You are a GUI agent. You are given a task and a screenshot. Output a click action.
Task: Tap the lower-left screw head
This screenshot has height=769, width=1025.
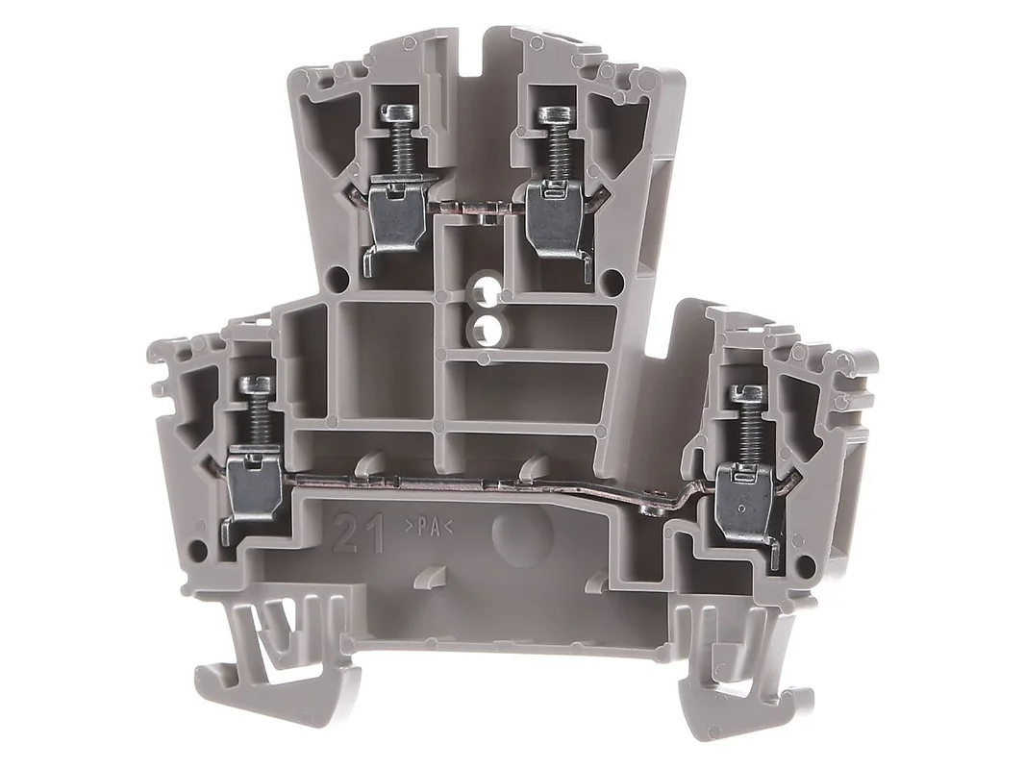coord(256,384)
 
